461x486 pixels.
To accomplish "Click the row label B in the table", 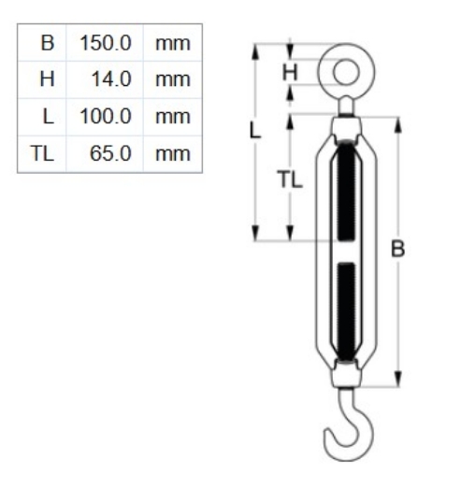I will click(46, 44).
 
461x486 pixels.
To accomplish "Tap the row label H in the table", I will click(46, 80).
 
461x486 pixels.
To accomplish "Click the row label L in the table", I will click(47, 117).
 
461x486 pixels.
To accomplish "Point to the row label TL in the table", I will click(42, 153).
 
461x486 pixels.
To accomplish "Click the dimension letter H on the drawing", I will click(290, 71).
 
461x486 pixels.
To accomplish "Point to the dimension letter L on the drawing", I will click(255, 130).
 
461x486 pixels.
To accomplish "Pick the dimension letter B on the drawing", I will click(398, 249).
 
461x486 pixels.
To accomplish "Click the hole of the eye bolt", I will click(345, 70).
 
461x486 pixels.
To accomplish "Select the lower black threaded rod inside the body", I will click(346, 308).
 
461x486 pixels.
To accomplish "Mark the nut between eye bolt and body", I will click(346, 122).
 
